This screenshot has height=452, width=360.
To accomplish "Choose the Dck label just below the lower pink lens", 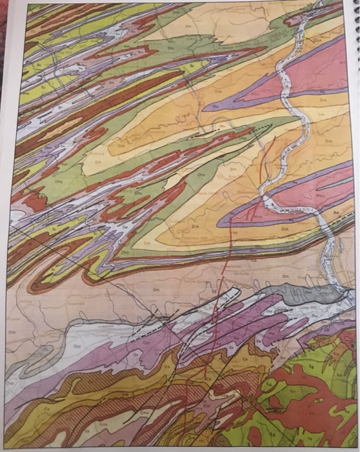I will pos(284,227).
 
